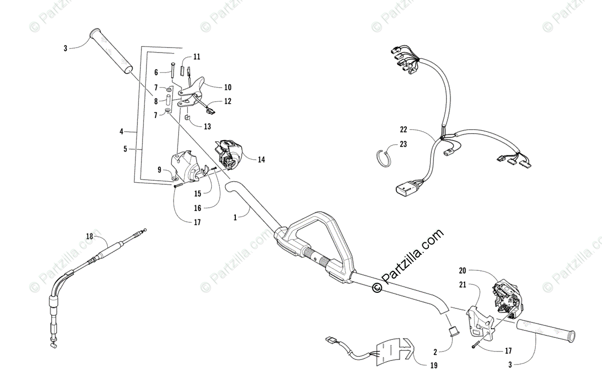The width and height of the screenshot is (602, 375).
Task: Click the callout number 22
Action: (x=404, y=129)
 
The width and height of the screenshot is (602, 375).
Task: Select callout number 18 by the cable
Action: (x=89, y=236)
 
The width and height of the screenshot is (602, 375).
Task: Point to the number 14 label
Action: (x=261, y=160)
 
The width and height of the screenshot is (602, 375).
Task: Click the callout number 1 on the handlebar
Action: (x=235, y=217)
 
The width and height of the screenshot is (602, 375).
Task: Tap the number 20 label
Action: (x=462, y=270)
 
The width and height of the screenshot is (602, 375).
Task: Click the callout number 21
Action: (x=462, y=285)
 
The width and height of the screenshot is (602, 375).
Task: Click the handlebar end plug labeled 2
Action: (x=453, y=331)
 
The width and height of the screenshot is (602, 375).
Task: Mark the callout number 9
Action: (x=160, y=170)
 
